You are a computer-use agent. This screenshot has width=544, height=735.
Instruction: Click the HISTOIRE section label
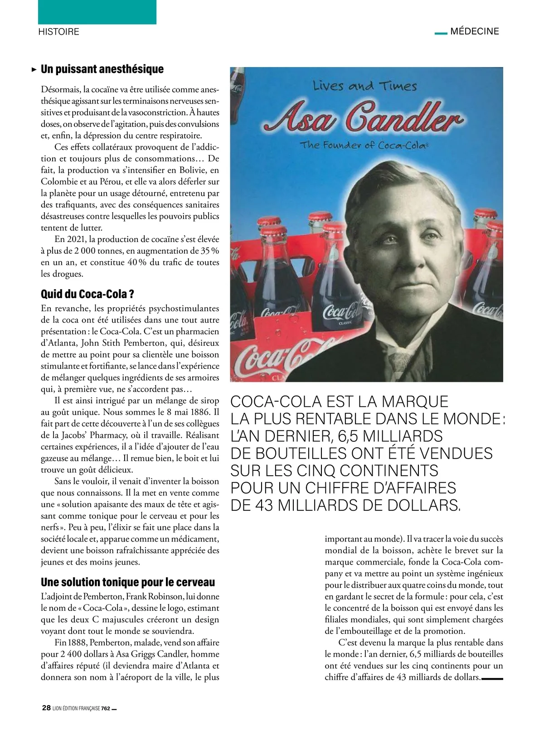click(x=58, y=32)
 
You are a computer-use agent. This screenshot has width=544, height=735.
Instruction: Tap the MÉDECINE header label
click(x=475, y=32)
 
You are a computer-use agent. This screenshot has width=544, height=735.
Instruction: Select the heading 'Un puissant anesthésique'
click(x=102, y=69)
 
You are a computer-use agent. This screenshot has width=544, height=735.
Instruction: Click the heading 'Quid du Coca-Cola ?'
click(x=87, y=294)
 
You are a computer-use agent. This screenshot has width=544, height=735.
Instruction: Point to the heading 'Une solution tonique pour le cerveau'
click(x=128, y=582)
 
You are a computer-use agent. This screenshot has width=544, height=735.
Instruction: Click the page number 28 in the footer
click(x=46, y=708)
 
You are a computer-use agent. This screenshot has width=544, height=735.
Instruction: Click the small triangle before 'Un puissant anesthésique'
click(x=34, y=70)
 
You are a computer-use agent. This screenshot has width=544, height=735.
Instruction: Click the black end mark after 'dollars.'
click(x=492, y=679)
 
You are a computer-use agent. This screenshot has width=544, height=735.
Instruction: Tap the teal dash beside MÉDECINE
click(x=441, y=33)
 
